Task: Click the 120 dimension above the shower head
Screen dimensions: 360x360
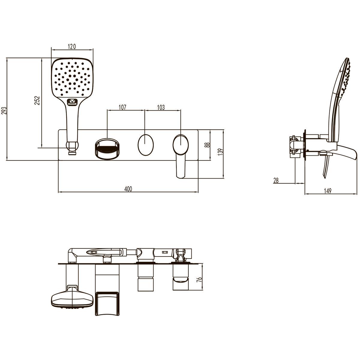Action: pos(72,46)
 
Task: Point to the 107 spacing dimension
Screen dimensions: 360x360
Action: pos(122,107)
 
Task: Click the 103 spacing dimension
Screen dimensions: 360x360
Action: pos(161,107)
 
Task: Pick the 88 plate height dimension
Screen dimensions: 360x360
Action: pos(207,145)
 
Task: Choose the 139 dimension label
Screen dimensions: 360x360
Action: pos(220,152)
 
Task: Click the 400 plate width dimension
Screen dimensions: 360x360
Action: pos(128,189)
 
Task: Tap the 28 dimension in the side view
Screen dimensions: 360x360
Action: pos(276,180)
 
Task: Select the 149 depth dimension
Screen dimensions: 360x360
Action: pos(328,191)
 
